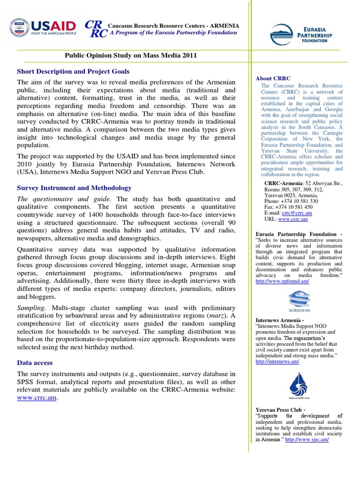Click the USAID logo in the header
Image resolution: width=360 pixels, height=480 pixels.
(42, 29)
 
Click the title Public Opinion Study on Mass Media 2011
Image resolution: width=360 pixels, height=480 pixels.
(130, 55)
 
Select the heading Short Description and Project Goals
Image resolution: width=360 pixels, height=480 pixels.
(73, 71)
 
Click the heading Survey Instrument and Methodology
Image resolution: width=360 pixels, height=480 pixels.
(74, 187)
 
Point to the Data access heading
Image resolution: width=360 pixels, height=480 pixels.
(35, 362)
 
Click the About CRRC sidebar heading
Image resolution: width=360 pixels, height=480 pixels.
(273, 78)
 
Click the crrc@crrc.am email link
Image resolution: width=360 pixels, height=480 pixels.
(297, 212)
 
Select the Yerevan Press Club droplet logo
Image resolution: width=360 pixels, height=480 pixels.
(299, 385)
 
